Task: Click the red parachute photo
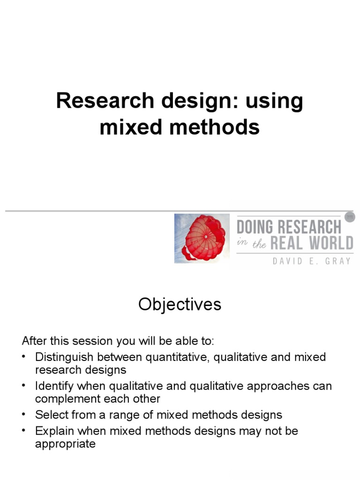[202, 238]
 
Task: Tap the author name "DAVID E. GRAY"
[311, 261]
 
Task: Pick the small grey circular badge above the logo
[349, 217]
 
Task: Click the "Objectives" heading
[180, 305]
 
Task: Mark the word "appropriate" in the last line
[65, 443]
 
